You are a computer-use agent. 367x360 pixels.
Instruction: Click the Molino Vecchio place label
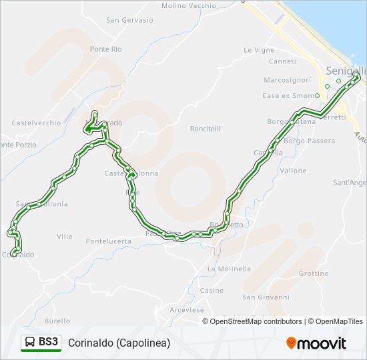point(189,5)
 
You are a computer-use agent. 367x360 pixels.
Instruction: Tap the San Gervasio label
point(129,20)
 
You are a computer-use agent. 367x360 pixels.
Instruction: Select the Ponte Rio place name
point(106,49)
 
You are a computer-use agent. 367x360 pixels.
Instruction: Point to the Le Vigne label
point(259,50)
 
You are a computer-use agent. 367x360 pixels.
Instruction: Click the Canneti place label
point(282,61)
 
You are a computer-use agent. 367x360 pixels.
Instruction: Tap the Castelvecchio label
point(36,123)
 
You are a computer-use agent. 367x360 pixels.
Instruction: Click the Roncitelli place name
point(205,129)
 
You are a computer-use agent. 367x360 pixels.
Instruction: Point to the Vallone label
point(293,171)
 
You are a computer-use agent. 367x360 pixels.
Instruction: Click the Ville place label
point(65,237)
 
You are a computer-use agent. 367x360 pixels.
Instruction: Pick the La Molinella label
point(230,269)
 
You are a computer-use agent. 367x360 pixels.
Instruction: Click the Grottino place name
point(314,273)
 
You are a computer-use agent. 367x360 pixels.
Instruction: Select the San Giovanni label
point(266,297)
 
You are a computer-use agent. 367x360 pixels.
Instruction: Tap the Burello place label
point(57,321)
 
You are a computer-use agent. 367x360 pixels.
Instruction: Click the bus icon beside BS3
point(30,343)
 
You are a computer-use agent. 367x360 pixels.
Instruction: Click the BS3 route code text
point(48,343)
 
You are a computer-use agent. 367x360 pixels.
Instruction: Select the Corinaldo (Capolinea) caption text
point(119,343)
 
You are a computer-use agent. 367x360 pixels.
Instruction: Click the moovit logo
point(316,343)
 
